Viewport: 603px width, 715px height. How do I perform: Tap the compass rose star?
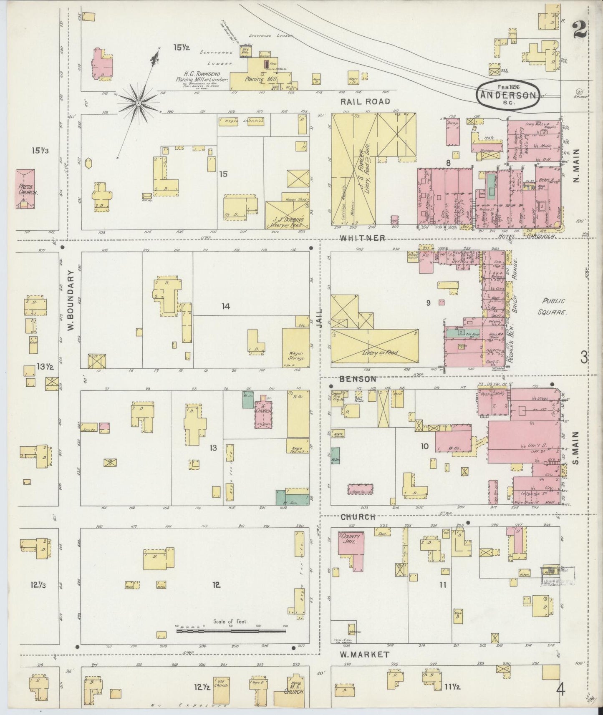point(138,102)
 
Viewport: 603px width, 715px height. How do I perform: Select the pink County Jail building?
point(350,544)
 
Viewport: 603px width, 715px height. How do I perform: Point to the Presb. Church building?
point(25,189)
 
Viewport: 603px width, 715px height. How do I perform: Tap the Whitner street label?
point(362,238)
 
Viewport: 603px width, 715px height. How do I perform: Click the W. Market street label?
point(365,655)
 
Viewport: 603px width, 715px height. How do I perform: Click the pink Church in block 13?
point(263,413)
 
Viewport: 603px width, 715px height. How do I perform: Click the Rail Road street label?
point(365,101)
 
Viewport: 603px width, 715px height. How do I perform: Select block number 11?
point(442,585)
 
